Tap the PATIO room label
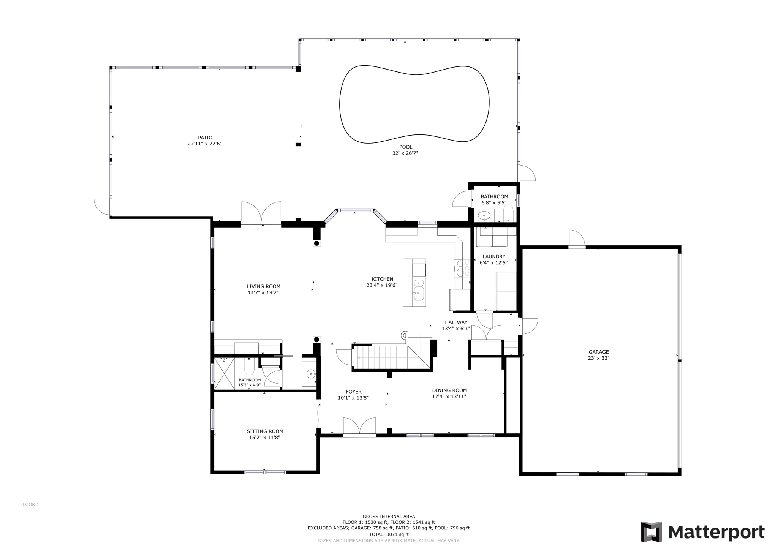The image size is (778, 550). tap(205, 137)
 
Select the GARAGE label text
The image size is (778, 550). tap(598, 352)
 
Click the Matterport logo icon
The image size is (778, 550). tap(651, 532)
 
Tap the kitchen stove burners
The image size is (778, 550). tap(463, 268)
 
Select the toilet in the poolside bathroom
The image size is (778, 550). tap(508, 213)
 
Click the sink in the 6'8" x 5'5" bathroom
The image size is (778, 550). tap(484, 216)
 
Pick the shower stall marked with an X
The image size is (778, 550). tap(225, 373)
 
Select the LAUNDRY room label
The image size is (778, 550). tap(494, 256)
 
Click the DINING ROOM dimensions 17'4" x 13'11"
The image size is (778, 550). tap(449, 397)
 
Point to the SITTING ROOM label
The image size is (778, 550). tap(265, 431)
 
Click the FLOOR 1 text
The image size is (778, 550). tap(30, 504)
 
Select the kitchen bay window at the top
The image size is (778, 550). tap(356, 210)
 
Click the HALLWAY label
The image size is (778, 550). tap(456, 322)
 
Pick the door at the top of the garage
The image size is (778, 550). tap(577, 239)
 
